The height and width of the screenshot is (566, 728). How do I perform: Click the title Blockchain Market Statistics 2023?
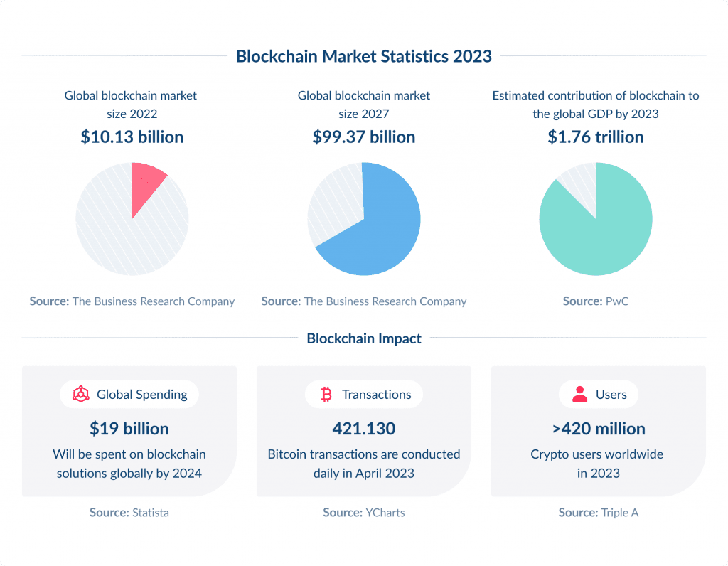tap(364, 56)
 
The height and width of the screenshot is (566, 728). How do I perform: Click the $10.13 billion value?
tap(132, 137)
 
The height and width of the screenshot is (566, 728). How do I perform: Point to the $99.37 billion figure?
tap(364, 137)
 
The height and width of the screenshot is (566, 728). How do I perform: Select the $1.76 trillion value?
tap(596, 137)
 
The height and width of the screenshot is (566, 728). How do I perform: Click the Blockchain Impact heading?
tap(364, 338)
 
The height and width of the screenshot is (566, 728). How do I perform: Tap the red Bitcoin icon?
tap(326, 395)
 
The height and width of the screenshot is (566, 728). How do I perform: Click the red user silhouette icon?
tap(580, 395)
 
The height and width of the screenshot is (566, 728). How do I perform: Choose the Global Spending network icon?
tap(80, 395)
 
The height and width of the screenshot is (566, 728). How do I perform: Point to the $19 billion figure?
tap(129, 429)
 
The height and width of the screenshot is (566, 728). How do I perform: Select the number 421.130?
tap(364, 429)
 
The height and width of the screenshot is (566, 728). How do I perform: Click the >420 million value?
tap(598, 429)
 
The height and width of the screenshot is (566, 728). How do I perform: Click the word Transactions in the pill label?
tap(376, 395)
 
